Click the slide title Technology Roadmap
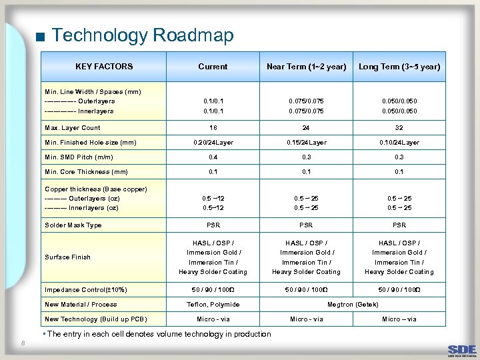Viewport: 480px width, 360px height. pos(142,35)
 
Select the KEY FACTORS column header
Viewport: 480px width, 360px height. pos(104,67)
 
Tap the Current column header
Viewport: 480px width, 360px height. pos(213,67)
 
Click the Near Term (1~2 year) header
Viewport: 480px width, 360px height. pos(306,67)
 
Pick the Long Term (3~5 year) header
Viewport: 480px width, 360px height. pos(399,67)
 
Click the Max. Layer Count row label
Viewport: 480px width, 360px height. pos(73,127)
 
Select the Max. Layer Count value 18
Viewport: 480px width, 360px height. pos(213,127)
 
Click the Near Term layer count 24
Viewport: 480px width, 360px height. pos(306,127)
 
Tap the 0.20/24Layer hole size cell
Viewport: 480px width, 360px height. pos(213,142)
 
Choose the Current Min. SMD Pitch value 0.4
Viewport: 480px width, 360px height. pos(213,157)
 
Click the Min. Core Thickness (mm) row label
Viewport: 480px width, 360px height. pos(86,172)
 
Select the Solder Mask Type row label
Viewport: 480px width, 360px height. pos(73,225)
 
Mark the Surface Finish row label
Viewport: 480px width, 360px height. pos(67,257)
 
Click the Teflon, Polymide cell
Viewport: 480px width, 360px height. pos(213,305)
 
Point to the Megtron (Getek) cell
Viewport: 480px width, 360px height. pos(353,305)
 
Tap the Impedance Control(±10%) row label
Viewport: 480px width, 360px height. pos(85,289)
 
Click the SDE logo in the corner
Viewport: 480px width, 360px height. pos(461,349)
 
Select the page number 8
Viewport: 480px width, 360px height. pos(23,343)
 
